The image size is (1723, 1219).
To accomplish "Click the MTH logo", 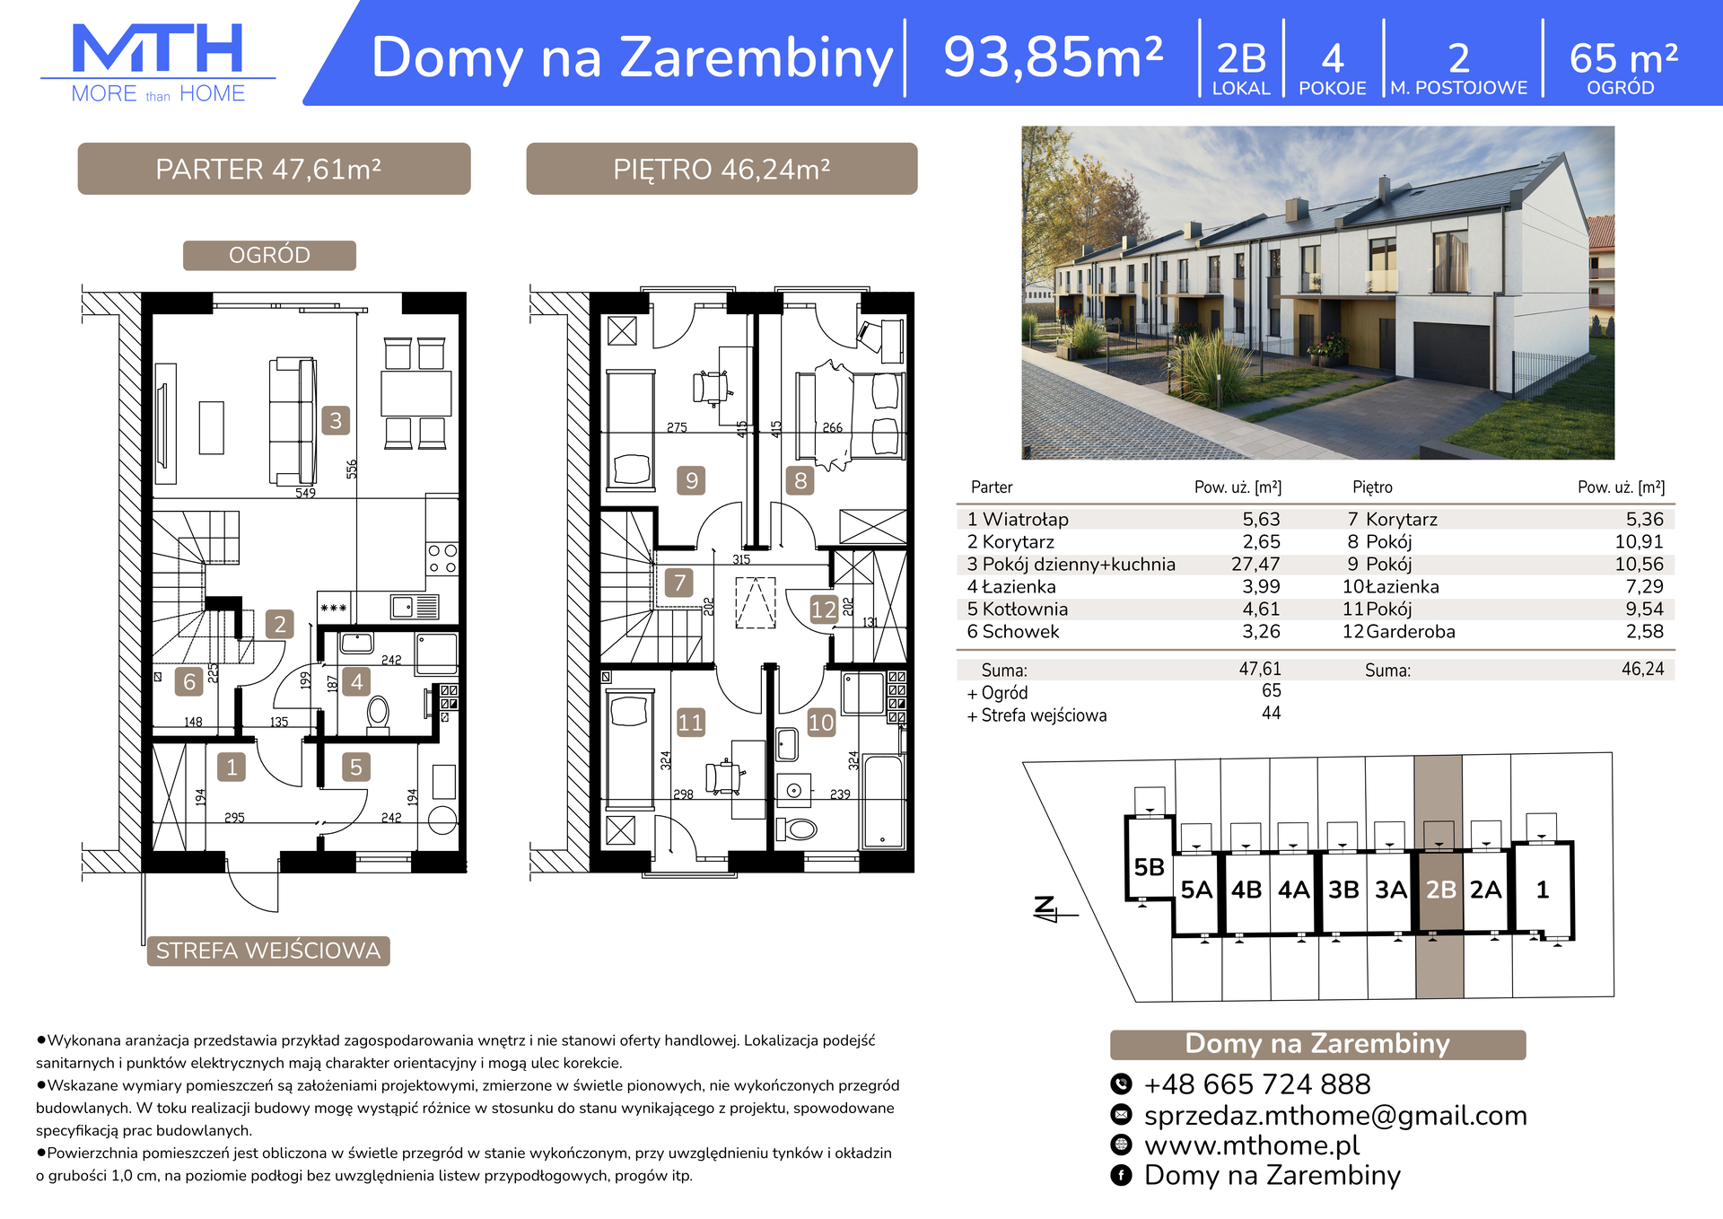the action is click(158, 63).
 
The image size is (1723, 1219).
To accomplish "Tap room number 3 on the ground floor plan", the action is click(336, 420).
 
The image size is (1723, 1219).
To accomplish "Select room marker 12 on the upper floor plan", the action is click(823, 610).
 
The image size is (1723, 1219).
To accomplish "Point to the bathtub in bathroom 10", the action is click(882, 802).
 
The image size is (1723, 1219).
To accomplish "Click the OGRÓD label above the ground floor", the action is click(269, 256).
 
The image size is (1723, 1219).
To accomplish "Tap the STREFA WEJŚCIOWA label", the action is click(268, 951).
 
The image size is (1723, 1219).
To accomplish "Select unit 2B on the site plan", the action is click(1440, 890).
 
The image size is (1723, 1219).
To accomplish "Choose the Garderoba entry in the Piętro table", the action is click(1411, 632).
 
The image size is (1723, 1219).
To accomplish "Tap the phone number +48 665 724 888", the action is click(1257, 1084).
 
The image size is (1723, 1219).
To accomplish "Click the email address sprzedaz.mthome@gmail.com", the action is click(1335, 1116).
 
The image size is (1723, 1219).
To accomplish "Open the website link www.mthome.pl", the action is click(1252, 1145).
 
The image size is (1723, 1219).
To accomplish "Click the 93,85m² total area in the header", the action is click(1054, 57).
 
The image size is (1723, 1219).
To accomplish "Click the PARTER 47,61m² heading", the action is click(269, 170).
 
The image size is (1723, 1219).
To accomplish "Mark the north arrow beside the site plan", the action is click(1050, 910).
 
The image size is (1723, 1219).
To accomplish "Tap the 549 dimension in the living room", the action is click(305, 493).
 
